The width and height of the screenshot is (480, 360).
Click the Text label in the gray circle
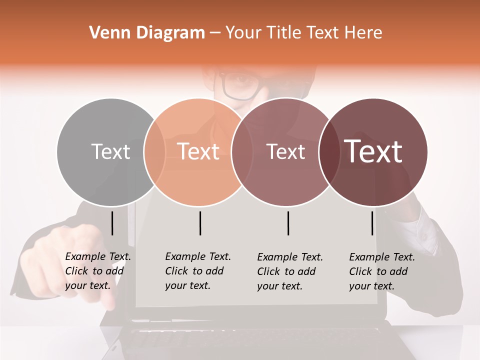(110, 152)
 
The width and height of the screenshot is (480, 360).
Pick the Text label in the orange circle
(198, 152)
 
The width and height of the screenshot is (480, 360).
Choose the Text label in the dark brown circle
(373, 152)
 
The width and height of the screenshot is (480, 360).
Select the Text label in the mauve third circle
(286, 152)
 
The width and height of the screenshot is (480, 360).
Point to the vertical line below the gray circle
(112, 223)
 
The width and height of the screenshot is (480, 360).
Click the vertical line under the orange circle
(200, 223)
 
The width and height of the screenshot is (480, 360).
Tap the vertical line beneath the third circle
(288, 223)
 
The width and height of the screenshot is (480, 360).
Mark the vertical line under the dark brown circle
(372, 223)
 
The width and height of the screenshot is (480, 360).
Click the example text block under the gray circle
(98, 271)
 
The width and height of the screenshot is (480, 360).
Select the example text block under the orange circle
(198, 271)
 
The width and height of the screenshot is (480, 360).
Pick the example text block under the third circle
(290, 271)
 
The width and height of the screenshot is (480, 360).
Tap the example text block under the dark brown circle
(382, 271)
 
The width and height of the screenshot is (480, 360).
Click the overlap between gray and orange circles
(154, 152)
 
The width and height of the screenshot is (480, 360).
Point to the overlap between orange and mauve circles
(241, 152)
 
